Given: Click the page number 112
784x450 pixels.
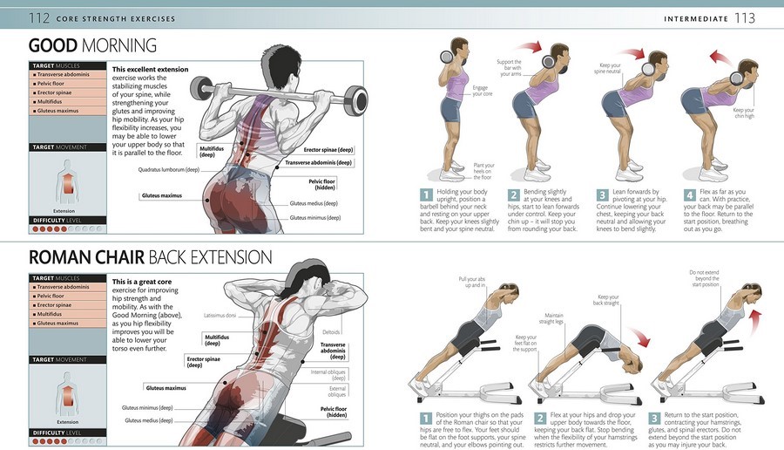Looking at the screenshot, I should tap(39, 18).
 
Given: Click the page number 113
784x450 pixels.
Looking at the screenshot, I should tap(745, 18).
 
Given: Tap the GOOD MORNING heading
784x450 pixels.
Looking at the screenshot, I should tap(93, 46).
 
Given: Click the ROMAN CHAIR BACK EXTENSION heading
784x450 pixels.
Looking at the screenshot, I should tap(150, 257).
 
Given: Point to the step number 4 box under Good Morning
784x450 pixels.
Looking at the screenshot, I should tap(690, 195).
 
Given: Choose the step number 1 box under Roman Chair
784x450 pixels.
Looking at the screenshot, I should tap(426, 418).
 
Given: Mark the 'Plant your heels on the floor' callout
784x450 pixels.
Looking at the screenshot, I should tap(483, 170).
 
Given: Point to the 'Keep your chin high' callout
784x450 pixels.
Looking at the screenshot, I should tap(743, 113).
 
